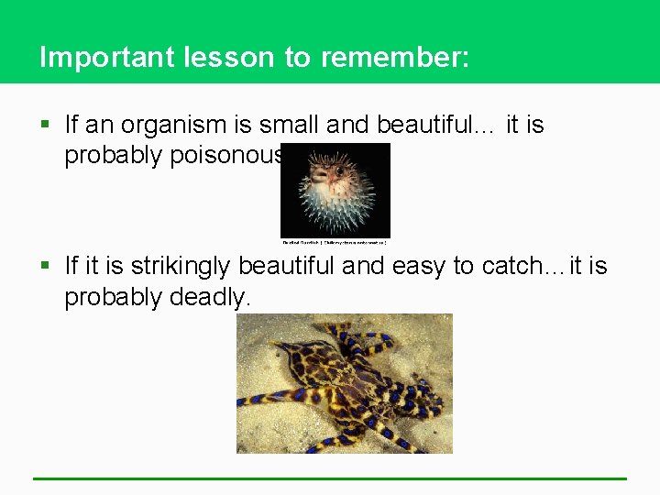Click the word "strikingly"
point(181,267)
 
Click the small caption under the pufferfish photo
point(335,242)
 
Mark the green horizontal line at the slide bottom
point(330,478)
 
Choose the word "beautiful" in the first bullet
point(432,125)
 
